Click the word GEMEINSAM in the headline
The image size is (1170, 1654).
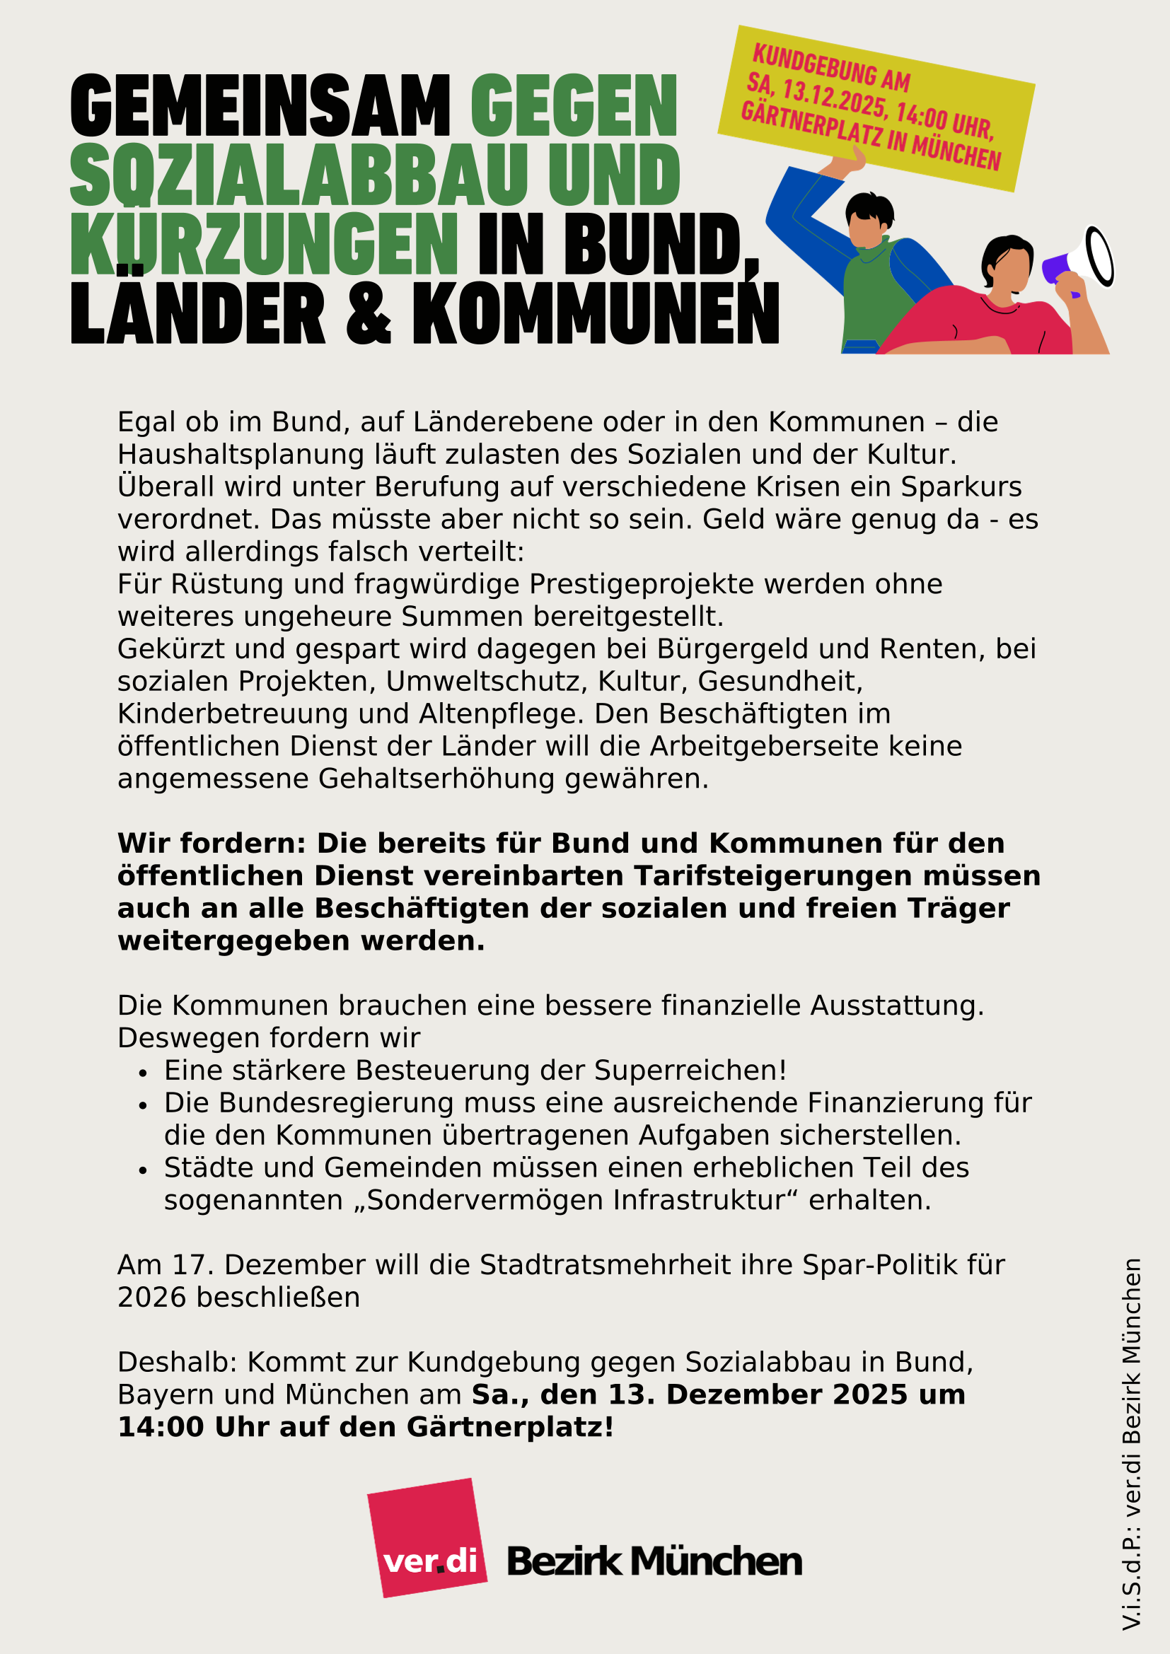260,106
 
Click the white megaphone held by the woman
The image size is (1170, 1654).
1088,258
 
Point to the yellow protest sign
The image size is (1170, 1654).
876,108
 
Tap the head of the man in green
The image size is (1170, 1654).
869,220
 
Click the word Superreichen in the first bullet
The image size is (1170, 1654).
690,1070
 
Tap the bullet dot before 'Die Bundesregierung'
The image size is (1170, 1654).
143,1105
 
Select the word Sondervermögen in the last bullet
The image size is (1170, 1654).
484,1200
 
